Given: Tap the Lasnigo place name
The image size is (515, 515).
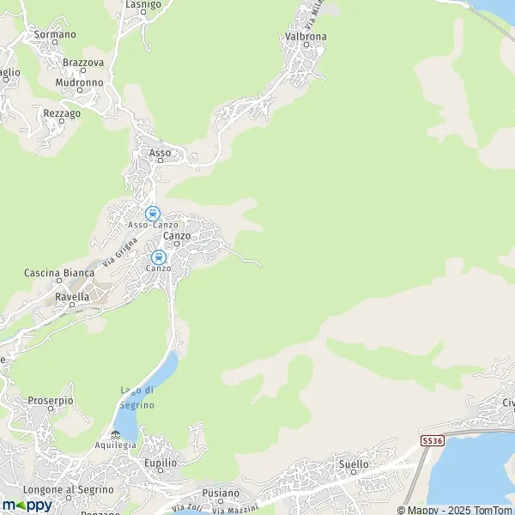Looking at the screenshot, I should point(143,4).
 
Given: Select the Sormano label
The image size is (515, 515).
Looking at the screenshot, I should point(55,34).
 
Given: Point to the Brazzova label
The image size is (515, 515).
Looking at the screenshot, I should point(83,63).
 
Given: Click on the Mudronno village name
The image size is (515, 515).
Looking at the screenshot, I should point(79,82).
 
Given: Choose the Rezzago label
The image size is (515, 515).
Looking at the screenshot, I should point(62,113).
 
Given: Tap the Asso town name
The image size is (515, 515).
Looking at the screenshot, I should point(161,153).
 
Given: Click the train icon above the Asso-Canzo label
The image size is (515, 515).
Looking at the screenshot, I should point(153,213).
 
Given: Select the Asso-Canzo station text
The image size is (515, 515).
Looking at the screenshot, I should point(153,225).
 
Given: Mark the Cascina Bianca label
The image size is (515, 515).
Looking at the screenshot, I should point(59,273).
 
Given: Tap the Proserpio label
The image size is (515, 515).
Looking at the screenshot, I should point(51,401).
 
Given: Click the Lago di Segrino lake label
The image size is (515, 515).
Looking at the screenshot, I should point(137,398).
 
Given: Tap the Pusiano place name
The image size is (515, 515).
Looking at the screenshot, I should point(221,494).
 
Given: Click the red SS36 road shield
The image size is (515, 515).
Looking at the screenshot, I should point(433,440).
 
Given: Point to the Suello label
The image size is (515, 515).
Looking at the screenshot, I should point(354,464).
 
